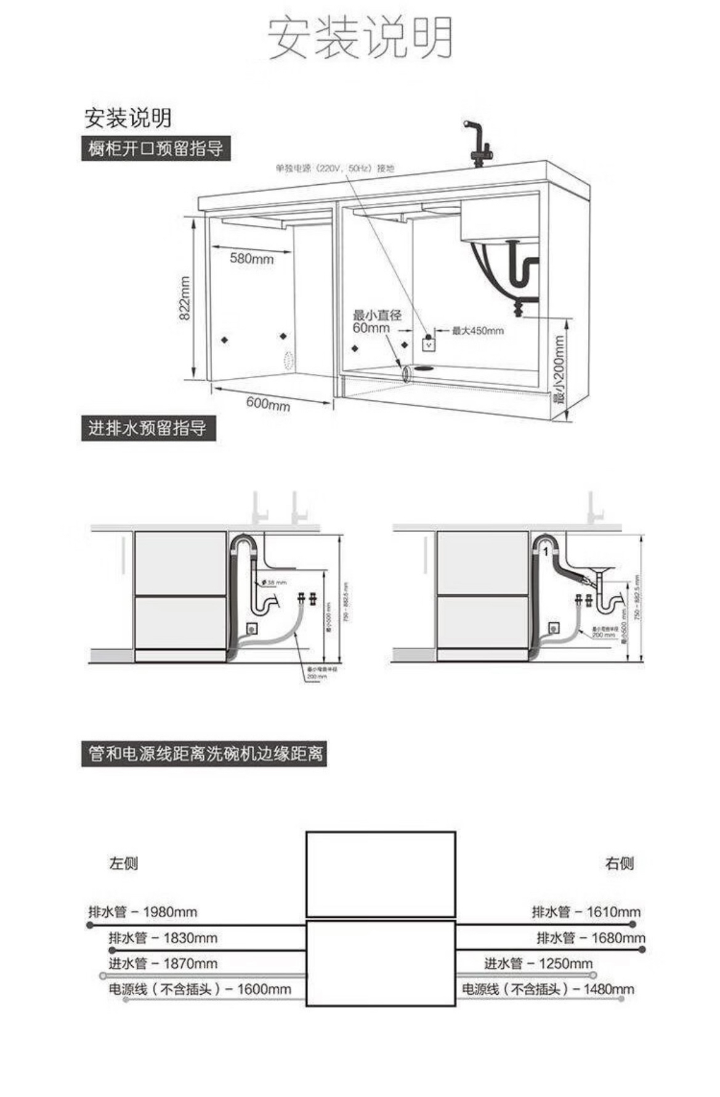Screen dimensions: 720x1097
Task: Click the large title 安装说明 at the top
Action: point(360,38)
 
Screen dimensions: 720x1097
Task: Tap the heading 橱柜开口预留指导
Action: point(156,149)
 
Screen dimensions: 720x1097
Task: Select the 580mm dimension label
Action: point(251,258)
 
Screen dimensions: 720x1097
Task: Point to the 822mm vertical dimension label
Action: point(185,298)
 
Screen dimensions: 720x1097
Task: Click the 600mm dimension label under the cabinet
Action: point(268,403)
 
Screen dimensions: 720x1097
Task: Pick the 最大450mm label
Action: point(477,331)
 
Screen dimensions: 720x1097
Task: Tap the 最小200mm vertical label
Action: point(559,369)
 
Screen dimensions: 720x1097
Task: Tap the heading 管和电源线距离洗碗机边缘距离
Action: point(204,753)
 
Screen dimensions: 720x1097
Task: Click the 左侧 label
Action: point(124,864)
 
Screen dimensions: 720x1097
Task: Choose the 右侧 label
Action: point(619,864)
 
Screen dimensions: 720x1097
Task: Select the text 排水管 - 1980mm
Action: point(143,912)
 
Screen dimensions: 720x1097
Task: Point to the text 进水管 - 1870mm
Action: point(163,963)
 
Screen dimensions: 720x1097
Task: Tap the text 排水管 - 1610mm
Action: point(586,912)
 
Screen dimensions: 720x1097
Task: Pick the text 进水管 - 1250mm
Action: point(538,963)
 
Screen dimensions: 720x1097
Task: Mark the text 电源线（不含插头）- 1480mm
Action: point(548,989)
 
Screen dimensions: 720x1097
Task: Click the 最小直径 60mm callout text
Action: point(376,322)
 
